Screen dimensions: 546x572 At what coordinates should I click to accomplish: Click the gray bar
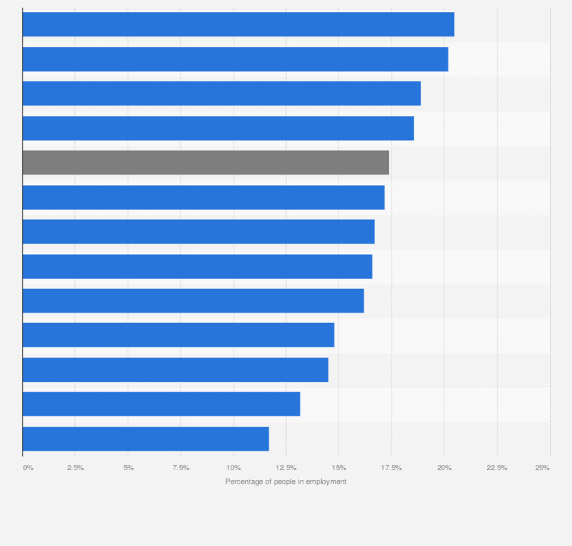206,162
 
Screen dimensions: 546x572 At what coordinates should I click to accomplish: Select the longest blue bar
238,24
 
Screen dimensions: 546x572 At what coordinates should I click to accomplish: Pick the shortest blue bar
146,438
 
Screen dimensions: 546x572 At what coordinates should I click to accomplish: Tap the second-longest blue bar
235,59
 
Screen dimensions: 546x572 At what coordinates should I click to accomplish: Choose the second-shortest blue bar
161,404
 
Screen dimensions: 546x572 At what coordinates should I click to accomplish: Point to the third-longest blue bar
222,93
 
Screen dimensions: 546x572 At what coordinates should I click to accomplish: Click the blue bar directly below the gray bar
203,197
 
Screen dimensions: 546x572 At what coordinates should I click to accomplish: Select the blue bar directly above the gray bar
218,128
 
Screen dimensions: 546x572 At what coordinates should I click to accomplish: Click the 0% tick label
28,468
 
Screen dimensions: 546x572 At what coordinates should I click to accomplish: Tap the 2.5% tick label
75,468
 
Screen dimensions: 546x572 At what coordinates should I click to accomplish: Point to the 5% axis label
128,468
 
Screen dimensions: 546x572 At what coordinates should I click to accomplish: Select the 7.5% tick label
181,468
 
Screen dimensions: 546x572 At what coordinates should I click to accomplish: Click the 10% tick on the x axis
234,468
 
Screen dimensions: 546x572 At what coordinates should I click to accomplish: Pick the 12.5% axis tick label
286,468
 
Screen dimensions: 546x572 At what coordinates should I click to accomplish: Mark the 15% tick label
339,468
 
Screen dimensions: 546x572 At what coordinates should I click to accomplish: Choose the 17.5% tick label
391,468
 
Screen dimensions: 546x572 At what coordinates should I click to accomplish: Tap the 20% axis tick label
445,468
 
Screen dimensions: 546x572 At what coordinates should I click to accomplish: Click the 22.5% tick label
497,468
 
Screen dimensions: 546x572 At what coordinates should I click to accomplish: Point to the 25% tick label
542,468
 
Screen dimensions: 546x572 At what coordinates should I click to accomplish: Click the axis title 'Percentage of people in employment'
286,482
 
